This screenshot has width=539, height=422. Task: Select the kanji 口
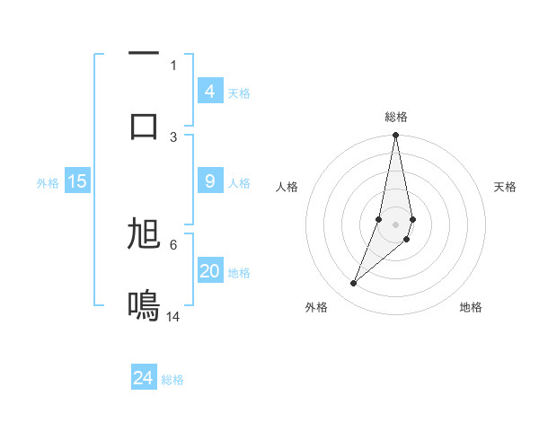point(144,125)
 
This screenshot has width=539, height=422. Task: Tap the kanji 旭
point(144,233)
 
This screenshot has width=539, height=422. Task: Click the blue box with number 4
point(209,91)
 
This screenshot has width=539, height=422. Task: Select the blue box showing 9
point(209,181)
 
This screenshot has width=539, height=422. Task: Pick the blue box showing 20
point(209,271)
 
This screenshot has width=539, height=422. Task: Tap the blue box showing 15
point(77,181)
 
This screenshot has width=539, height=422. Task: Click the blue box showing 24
point(144,378)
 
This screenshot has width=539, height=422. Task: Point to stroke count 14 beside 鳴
point(174,316)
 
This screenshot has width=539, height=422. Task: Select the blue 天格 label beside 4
point(239,93)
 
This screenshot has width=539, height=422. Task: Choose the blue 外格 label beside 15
point(48,183)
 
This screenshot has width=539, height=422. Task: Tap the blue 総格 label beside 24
point(172,380)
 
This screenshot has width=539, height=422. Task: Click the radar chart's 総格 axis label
point(395,117)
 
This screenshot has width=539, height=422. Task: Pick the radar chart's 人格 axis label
point(287,187)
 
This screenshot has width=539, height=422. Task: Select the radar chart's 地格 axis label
point(471,307)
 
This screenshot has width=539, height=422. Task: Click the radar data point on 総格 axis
point(395,136)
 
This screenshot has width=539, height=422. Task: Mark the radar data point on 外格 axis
point(353,284)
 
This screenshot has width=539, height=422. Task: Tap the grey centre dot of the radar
point(395,224)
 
